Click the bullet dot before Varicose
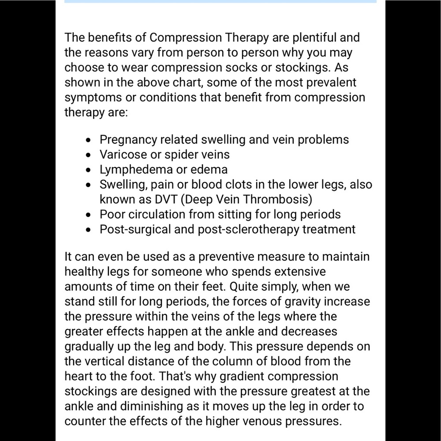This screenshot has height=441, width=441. pyautogui.click(x=90, y=155)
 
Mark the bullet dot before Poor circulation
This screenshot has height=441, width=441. pyautogui.click(x=90, y=215)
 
